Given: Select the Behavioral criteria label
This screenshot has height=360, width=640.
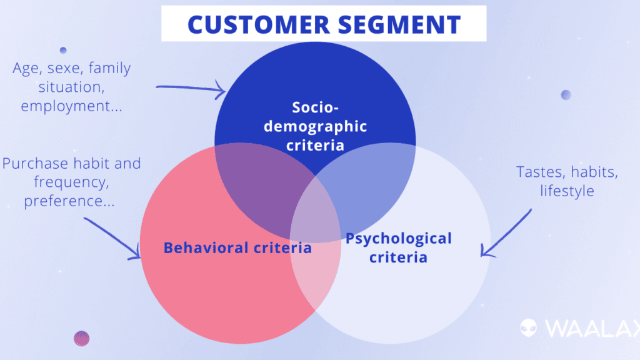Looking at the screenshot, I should (x=237, y=247).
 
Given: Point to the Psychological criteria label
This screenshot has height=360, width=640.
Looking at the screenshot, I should (x=398, y=247).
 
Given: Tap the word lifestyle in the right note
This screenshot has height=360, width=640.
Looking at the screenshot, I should (x=567, y=190).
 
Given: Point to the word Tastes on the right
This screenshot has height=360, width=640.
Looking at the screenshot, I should (x=537, y=171).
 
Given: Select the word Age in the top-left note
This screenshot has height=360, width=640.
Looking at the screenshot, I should (x=26, y=68).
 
